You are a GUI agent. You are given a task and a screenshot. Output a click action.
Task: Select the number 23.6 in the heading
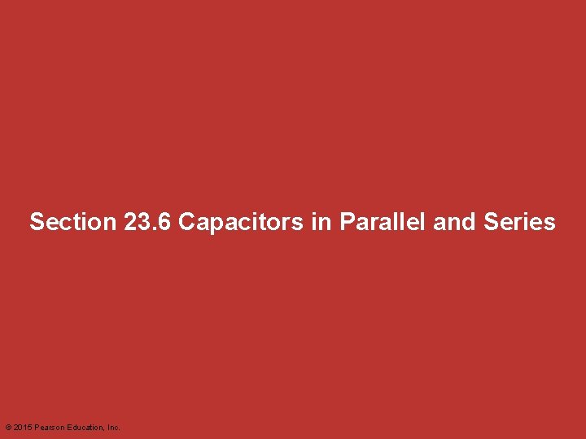pyautogui.click(x=149, y=222)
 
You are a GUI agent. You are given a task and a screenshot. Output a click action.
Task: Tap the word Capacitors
pyautogui.click(x=241, y=222)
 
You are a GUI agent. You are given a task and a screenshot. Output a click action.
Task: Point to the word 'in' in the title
pyautogui.click(x=320, y=222)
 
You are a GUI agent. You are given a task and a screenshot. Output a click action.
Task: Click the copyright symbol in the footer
pyautogui.click(x=8, y=427)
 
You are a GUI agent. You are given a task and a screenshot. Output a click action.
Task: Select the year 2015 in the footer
pyautogui.click(x=22, y=427)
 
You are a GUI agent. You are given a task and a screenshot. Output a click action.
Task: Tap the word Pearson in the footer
pyautogui.click(x=49, y=427)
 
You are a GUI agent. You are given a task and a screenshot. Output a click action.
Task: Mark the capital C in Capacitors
pyautogui.click(x=186, y=222)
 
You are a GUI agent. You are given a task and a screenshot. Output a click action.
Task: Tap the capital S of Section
pyautogui.click(x=37, y=222)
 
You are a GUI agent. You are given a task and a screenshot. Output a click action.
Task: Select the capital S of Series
pyautogui.click(x=490, y=222)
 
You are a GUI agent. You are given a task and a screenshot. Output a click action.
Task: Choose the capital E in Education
pyautogui.click(x=70, y=427)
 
